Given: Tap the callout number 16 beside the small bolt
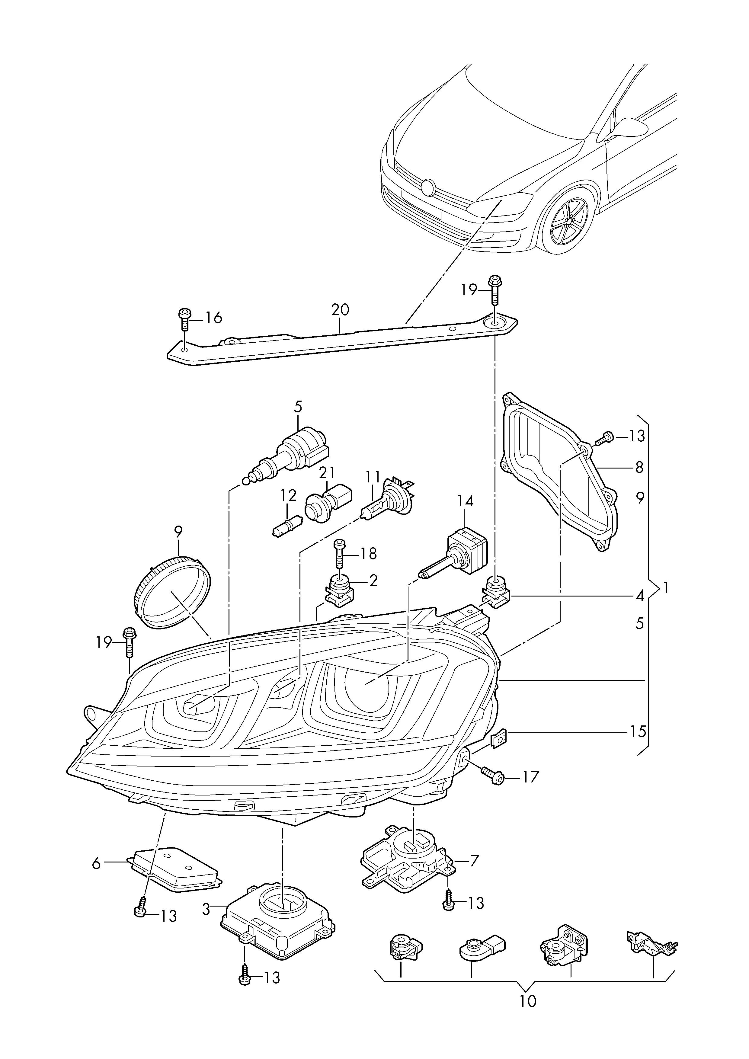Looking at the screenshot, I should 213,318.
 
